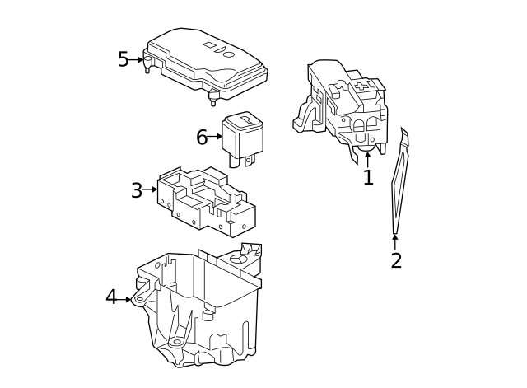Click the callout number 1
click(x=368, y=177)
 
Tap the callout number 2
click(x=396, y=261)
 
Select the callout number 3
click(x=136, y=191)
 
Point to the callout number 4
click(x=111, y=297)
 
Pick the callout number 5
click(x=123, y=60)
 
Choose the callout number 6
click(x=202, y=138)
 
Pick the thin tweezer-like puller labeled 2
click(x=399, y=185)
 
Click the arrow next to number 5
click(x=138, y=60)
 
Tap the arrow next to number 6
click(x=216, y=137)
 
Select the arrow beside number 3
click(x=151, y=190)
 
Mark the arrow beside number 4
click(x=126, y=299)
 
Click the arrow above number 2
click(x=395, y=241)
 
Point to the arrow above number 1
click(x=367, y=158)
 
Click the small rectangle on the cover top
click(x=210, y=44)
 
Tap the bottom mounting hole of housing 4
click(x=176, y=341)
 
